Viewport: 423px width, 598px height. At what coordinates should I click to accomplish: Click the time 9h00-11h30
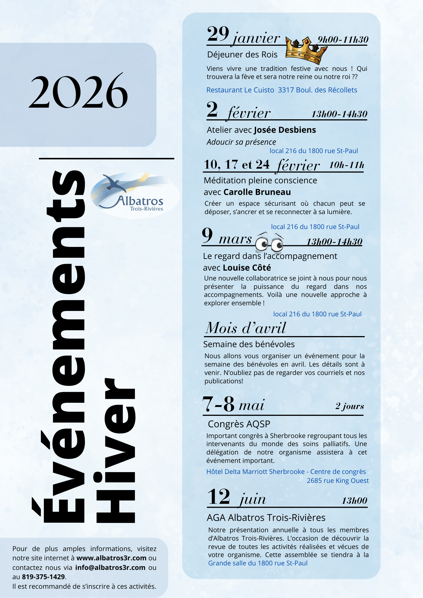(343, 39)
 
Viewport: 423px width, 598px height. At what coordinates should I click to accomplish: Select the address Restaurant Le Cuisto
(240, 90)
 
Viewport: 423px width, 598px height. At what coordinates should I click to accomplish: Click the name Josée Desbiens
(285, 130)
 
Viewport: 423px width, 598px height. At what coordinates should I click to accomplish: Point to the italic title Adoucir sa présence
(241, 142)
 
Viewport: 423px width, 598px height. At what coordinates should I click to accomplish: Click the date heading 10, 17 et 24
(236, 165)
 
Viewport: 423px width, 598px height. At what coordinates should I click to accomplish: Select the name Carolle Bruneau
(257, 192)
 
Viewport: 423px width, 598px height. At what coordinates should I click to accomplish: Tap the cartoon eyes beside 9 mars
(270, 244)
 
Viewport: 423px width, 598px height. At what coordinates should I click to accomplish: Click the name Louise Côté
(247, 268)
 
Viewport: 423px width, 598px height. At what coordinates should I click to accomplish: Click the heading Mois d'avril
(246, 328)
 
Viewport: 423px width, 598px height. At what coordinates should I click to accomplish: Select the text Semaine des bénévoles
(249, 344)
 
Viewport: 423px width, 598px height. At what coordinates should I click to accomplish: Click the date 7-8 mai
(233, 405)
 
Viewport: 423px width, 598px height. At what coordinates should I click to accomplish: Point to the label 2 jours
(349, 406)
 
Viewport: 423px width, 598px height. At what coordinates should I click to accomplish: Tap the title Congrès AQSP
(239, 424)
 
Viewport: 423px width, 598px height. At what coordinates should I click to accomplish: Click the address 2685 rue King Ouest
(337, 480)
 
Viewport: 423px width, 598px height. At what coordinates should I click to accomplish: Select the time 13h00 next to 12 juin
(354, 501)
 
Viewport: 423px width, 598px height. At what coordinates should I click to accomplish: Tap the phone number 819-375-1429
(43, 577)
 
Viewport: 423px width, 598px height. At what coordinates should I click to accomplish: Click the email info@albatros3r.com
(110, 568)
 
